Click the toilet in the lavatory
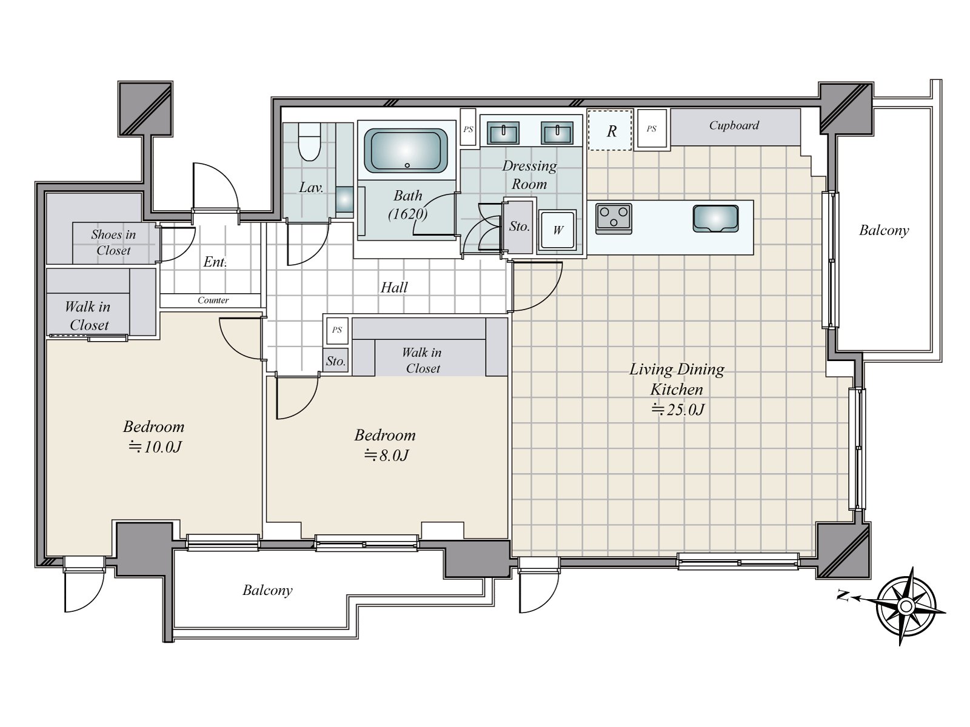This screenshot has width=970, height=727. click(x=309, y=142)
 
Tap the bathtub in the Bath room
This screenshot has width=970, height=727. click(x=406, y=150)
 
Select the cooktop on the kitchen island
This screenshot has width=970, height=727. click(x=614, y=218)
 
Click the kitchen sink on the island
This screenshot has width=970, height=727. click(x=715, y=218)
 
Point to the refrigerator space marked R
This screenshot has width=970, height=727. click(x=610, y=130)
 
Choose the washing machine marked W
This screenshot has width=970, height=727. click(x=557, y=230)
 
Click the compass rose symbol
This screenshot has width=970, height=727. click(x=906, y=606)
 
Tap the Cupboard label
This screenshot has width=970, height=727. click(x=734, y=125)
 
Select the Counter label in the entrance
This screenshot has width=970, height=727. click(x=213, y=300)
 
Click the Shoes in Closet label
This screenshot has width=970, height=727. click(x=113, y=242)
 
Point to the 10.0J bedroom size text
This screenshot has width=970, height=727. click(x=155, y=447)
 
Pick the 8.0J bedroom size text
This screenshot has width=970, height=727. click(x=386, y=455)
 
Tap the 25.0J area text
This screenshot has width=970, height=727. click(x=677, y=410)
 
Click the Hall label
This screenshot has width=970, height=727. click(x=394, y=287)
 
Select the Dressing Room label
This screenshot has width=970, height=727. click(x=529, y=175)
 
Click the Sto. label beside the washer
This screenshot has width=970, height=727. click(x=519, y=227)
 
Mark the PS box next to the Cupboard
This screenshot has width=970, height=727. click(x=651, y=129)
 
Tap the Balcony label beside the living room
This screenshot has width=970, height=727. click(x=884, y=230)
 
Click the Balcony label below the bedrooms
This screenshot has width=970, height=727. click(x=267, y=591)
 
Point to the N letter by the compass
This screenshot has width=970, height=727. click(x=843, y=597)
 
